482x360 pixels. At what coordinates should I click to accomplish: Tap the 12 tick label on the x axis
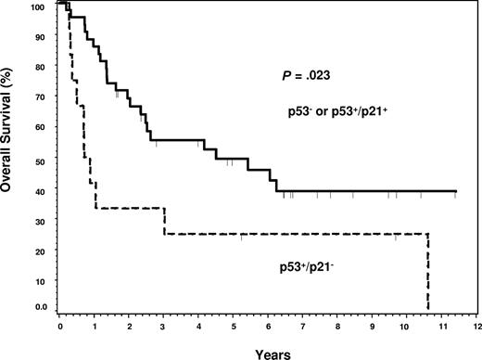pos(476,328)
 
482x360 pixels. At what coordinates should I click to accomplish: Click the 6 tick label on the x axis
pos(268,328)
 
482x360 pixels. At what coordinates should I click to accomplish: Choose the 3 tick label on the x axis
pos(163,328)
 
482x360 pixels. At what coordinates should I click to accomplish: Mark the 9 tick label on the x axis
pos(372,328)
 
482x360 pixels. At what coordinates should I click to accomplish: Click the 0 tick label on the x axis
pos(59,328)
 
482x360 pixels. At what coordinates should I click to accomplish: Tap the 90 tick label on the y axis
pos(42,38)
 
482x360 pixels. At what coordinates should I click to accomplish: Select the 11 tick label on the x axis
pos(441,328)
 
